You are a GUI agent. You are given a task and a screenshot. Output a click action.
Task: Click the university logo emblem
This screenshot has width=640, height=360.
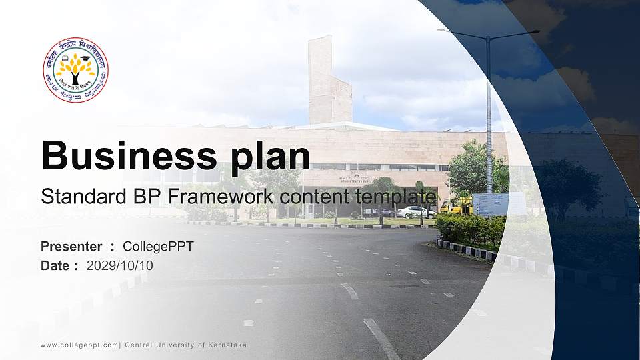76,70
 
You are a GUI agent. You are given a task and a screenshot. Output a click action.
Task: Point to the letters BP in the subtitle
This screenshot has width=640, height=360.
129,197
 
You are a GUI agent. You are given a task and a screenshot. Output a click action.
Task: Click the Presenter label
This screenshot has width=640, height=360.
71,247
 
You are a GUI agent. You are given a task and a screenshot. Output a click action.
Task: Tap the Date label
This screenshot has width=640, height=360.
55,266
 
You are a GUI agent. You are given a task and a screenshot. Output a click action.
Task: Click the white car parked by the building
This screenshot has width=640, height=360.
415,212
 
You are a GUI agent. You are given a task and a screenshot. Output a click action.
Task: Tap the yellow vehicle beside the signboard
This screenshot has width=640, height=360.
457,206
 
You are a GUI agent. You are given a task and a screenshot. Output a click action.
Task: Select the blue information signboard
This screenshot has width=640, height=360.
499,204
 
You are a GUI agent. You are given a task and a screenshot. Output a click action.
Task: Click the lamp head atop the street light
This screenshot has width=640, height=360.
447,31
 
